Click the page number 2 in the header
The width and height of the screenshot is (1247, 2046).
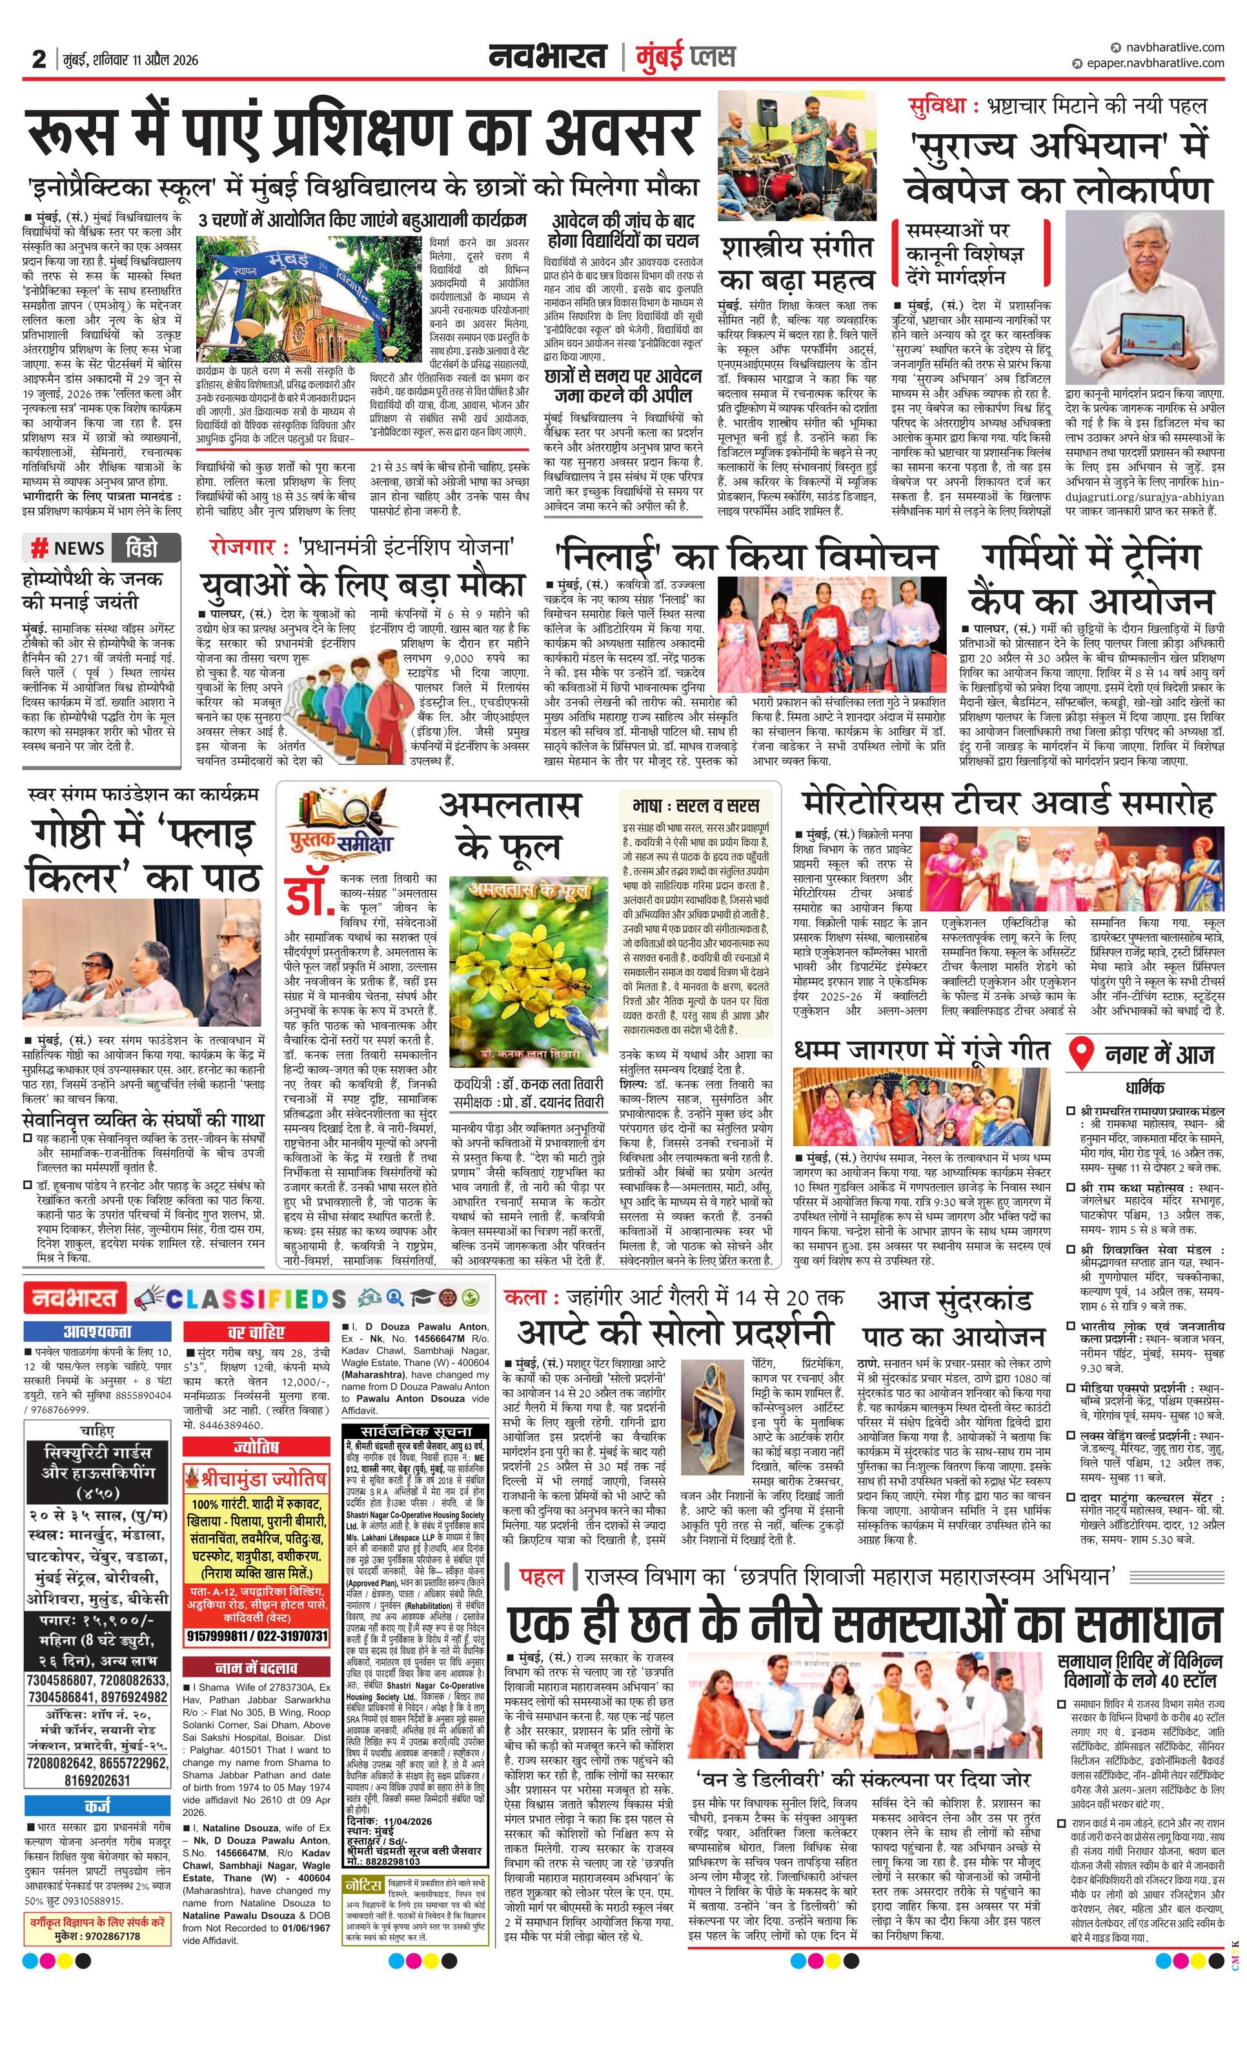tap(38, 60)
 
